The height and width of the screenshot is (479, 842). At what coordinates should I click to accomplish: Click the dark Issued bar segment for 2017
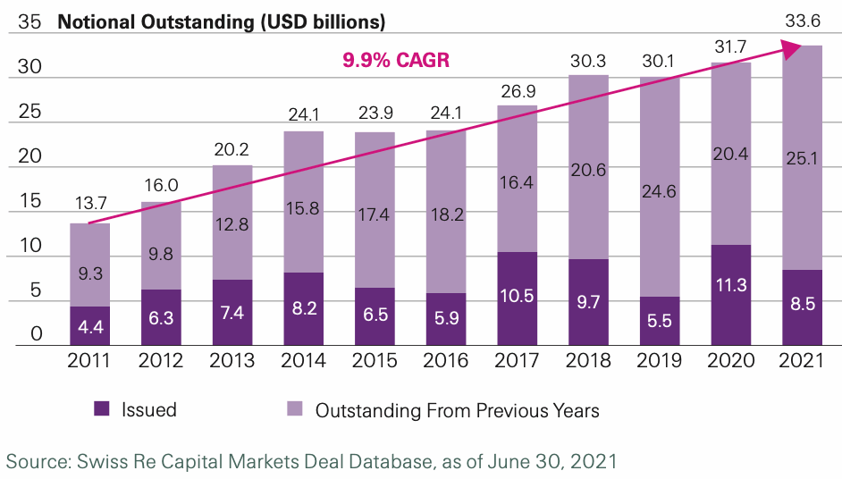point(518,298)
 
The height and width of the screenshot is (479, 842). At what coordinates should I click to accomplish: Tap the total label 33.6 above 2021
point(802,22)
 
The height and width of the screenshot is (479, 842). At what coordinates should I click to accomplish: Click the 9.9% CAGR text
point(396,61)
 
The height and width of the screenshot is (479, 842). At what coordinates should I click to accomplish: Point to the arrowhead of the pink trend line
point(791,50)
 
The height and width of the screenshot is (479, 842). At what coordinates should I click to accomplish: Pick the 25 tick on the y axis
point(29,112)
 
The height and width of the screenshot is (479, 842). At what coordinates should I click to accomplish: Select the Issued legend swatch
point(102,409)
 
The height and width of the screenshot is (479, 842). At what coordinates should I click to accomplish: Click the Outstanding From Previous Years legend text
point(457,410)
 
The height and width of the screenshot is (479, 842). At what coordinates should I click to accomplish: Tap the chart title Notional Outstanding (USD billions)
point(222,21)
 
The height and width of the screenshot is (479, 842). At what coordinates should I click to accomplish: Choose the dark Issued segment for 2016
point(446,319)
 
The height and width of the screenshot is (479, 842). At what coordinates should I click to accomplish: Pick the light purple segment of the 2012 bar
point(162,228)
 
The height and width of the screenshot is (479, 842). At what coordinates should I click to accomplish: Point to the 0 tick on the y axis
point(35,334)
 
